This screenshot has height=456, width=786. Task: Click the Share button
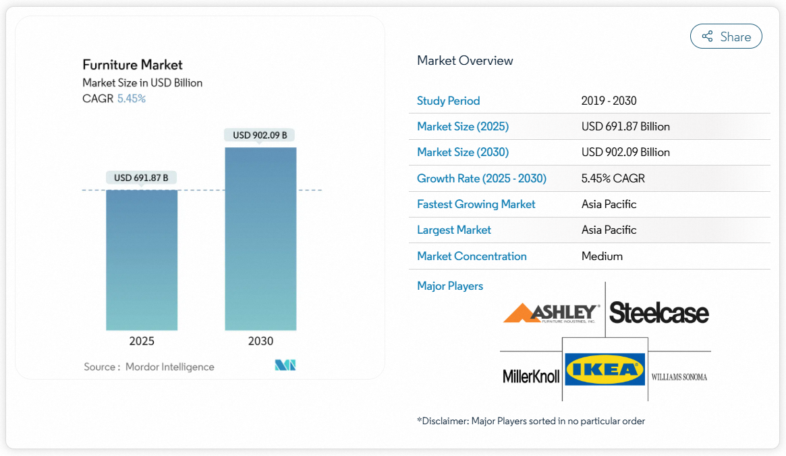point(726,36)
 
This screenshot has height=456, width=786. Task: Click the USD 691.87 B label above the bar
point(141,178)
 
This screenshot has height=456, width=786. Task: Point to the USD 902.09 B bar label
point(260,135)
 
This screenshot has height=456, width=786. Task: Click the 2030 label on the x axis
point(260,341)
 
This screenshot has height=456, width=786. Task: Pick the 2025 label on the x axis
point(142,341)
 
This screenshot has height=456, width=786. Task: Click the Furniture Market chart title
point(132,65)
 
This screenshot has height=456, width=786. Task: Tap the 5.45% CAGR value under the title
point(132,99)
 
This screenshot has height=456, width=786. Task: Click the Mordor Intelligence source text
point(169,367)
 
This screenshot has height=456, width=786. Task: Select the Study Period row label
point(448,101)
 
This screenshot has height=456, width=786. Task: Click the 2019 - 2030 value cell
point(609,101)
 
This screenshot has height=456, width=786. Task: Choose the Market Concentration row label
point(472,256)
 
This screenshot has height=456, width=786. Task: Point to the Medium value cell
point(602,256)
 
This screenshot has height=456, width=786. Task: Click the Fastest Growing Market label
point(476,204)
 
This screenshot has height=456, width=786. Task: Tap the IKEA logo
point(605,370)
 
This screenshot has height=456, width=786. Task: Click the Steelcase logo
point(659,313)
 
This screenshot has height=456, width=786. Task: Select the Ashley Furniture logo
point(551,313)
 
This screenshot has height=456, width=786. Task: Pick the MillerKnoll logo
point(531,376)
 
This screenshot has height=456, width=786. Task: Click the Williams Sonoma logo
point(679,377)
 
